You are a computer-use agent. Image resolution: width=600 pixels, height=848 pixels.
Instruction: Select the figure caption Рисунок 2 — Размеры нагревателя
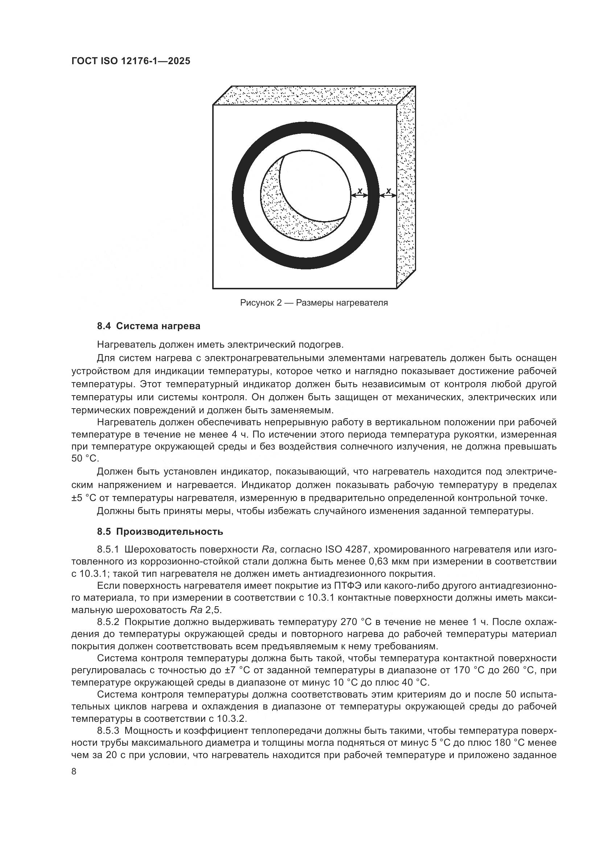pos(314,303)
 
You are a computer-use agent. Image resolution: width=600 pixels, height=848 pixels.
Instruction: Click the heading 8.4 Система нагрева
pos(148,326)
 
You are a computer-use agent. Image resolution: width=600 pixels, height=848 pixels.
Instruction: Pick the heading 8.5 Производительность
pos(160,531)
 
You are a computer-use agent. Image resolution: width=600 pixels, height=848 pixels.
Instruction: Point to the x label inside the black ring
pos(360,191)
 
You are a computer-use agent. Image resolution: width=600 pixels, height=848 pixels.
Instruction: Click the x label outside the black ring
pos(388,191)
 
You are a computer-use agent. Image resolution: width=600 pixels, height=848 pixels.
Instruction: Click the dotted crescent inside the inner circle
pos(281,214)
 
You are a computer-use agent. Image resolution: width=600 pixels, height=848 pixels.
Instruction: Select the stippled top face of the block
pos(314,96)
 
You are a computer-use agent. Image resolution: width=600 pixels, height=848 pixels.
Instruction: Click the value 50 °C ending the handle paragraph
pos(85,458)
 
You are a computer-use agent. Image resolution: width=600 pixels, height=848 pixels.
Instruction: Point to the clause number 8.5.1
pos(108,550)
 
